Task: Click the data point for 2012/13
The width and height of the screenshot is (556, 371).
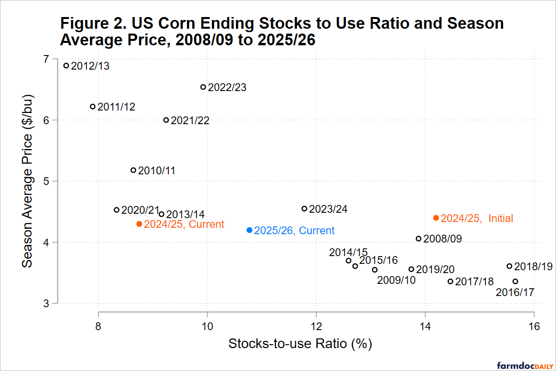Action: pos(67,65)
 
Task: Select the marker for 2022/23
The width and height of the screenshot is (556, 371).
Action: pos(203,87)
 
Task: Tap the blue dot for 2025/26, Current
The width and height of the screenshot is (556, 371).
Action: pos(250,230)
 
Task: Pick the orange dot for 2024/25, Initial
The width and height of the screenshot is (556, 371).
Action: pos(436,218)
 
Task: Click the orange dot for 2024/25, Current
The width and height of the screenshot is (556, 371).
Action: pos(139,224)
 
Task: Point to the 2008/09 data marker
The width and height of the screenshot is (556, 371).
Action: pos(418,239)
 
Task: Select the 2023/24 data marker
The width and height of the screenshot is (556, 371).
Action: pos(305,209)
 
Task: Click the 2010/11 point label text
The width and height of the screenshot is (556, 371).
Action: pos(157,171)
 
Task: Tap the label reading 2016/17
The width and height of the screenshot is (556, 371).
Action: pos(515,293)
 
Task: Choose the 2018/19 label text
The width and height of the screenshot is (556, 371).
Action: pos(534,267)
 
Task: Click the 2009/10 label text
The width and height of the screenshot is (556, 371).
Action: pos(396,280)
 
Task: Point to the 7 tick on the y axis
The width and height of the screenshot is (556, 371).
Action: pos(46,59)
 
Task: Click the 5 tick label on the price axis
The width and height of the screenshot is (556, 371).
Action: pos(46,181)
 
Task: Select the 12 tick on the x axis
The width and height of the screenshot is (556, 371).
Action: pos(316,326)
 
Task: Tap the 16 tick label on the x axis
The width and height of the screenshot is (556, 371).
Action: pos(534,326)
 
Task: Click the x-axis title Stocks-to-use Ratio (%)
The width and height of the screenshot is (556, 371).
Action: pos(300,344)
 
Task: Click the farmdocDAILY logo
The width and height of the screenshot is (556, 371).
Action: pos(522,365)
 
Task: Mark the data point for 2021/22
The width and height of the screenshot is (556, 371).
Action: pos(166,120)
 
